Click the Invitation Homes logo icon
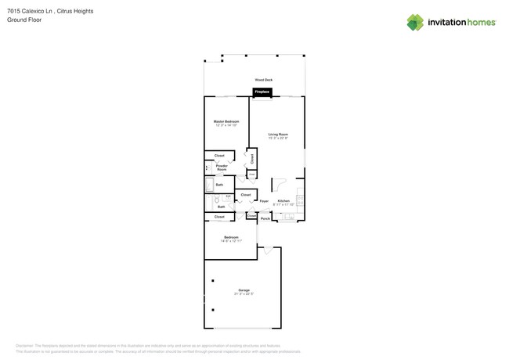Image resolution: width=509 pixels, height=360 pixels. coord(415,22)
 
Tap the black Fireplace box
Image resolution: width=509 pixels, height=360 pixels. coord(262,92)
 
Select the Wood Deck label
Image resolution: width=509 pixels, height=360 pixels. coord(263,80)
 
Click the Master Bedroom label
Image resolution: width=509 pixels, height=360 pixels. coord(226,121)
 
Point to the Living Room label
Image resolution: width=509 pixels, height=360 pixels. coord(278,134)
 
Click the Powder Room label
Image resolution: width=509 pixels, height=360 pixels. coord(222,167)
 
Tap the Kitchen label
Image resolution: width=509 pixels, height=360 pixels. coord(283,200)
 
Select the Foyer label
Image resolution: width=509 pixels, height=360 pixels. coord(264,201)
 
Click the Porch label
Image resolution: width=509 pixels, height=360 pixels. coord(265,218)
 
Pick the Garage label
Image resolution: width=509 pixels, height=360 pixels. coord(244,290)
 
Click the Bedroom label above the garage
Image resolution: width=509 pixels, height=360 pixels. coord(231,237)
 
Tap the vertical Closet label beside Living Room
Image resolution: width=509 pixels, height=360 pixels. coord(252,158)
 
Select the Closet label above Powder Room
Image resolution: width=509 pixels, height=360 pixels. coord(219,155)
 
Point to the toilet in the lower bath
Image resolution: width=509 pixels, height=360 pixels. coord(217,200)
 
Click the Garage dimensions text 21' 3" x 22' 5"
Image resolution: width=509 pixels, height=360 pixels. coord(244,294)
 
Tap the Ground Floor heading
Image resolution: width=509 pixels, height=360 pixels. coord(24,20)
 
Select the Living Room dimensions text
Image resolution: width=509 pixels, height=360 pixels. coord(278,138)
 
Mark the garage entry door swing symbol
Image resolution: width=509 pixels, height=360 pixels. coord(268,250)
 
